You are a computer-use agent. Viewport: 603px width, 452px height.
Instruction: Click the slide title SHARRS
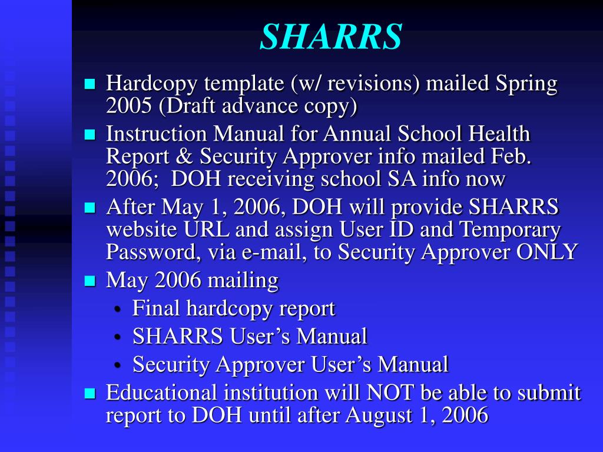click(x=331, y=37)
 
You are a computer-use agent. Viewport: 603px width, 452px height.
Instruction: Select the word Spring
click(x=526, y=84)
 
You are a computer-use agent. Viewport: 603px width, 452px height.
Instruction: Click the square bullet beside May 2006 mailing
click(x=90, y=281)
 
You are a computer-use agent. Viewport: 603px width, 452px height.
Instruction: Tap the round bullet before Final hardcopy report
click(x=118, y=310)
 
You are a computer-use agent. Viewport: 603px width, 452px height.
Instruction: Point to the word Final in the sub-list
click(x=157, y=308)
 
